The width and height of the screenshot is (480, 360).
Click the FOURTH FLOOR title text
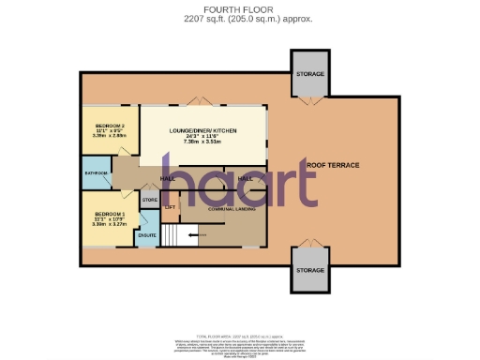240,8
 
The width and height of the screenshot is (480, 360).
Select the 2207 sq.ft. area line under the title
240,18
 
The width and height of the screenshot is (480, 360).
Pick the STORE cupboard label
149,200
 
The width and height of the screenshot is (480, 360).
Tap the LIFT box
170,206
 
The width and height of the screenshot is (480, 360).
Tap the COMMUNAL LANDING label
220,208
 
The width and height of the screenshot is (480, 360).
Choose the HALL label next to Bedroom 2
169,177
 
